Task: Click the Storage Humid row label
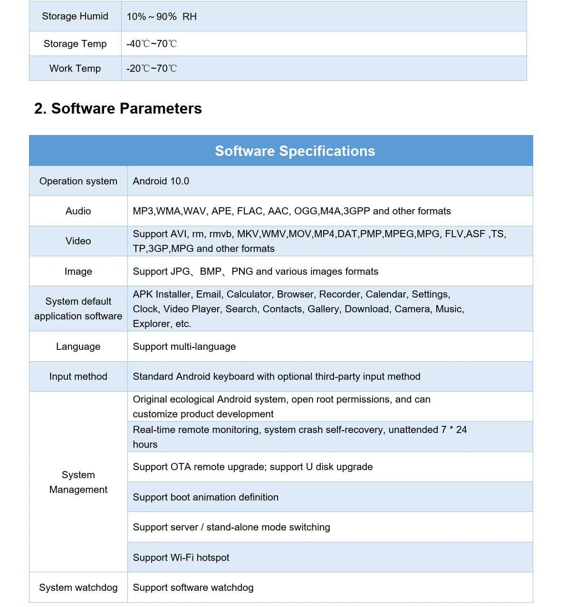click(x=75, y=16)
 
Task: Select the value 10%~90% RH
click(x=162, y=17)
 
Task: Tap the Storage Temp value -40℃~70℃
click(x=152, y=44)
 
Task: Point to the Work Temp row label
click(x=75, y=68)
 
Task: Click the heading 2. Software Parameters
click(x=118, y=108)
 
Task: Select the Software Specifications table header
click(x=295, y=151)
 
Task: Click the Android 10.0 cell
click(x=161, y=181)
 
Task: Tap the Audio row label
click(x=78, y=211)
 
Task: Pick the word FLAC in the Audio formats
click(x=249, y=211)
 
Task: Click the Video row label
click(x=78, y=241)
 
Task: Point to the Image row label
click(x=78, y=271)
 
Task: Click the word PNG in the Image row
click(x=242, y=271)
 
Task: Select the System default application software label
click(x=78, y=308)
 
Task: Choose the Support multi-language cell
click(x=184, y=347)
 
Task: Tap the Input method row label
click(x=78, y=376)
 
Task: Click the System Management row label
click(x=78, y=482)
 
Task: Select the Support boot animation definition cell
click(x=206, y=497)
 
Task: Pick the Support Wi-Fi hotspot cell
click(x=181, y=558)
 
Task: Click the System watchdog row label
click(x=78, y=588)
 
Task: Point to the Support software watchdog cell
click(x=193, y=588)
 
